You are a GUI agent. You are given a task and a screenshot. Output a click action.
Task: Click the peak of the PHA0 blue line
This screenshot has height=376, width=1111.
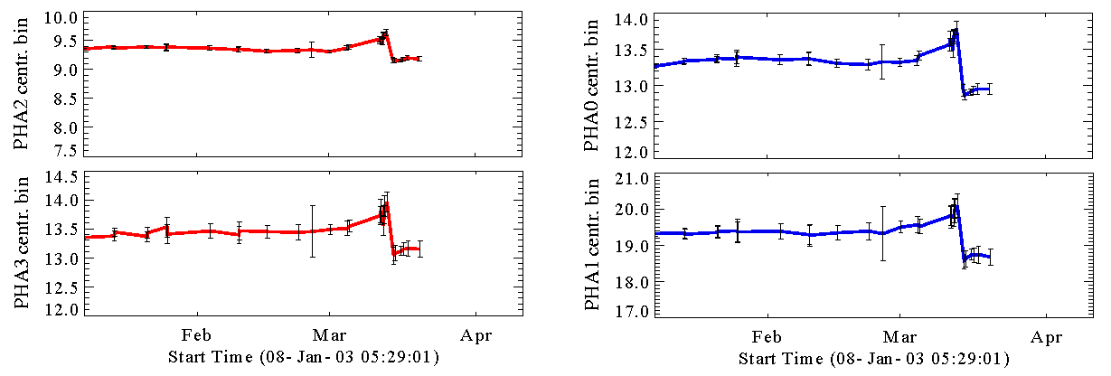click(956, 30)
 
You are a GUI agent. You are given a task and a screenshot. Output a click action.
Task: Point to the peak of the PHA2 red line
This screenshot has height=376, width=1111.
click(386, 33)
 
